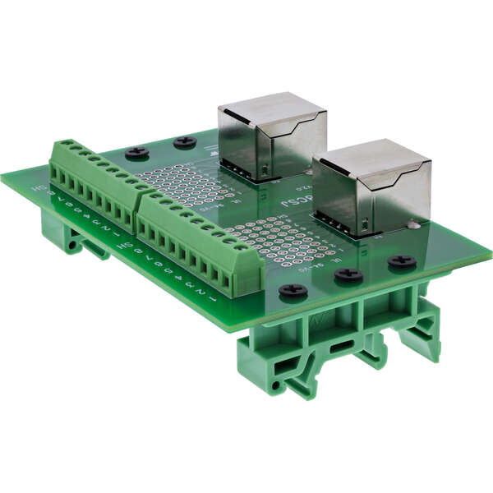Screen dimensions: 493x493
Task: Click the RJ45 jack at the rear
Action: click(x=271, y=136)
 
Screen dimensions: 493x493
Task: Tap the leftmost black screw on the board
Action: click(x=136, y=152)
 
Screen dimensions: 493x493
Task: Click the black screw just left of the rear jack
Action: click(x=185, y=141)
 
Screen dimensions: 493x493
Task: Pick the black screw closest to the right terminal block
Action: click(x=293, y=290)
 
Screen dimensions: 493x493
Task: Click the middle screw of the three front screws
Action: click(x=348, y=274)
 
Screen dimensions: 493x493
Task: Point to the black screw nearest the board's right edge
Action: click(x=402, y=261)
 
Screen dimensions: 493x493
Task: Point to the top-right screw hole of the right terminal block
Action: click(x=241, y=246)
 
